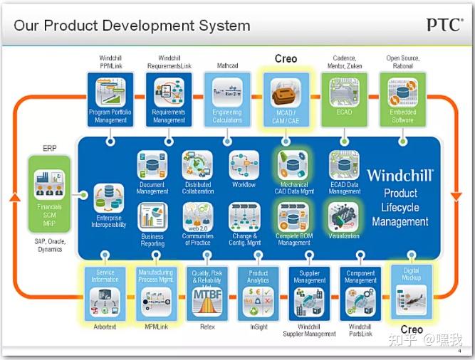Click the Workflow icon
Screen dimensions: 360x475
244,165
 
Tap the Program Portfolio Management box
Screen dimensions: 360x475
111,99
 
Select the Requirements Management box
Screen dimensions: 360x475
169,99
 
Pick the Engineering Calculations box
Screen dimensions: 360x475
227,99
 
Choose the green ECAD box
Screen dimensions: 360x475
344,99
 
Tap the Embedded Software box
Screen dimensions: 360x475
402,99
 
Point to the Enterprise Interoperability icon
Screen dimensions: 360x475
108,197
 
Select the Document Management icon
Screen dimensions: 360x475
152,164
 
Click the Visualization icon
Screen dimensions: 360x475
344,216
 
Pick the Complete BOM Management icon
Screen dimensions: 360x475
293,216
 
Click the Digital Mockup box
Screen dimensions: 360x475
412,292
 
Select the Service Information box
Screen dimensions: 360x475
105,292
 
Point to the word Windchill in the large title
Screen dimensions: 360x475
400,174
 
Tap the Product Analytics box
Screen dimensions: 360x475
259,292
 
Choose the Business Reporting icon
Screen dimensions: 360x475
152,217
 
